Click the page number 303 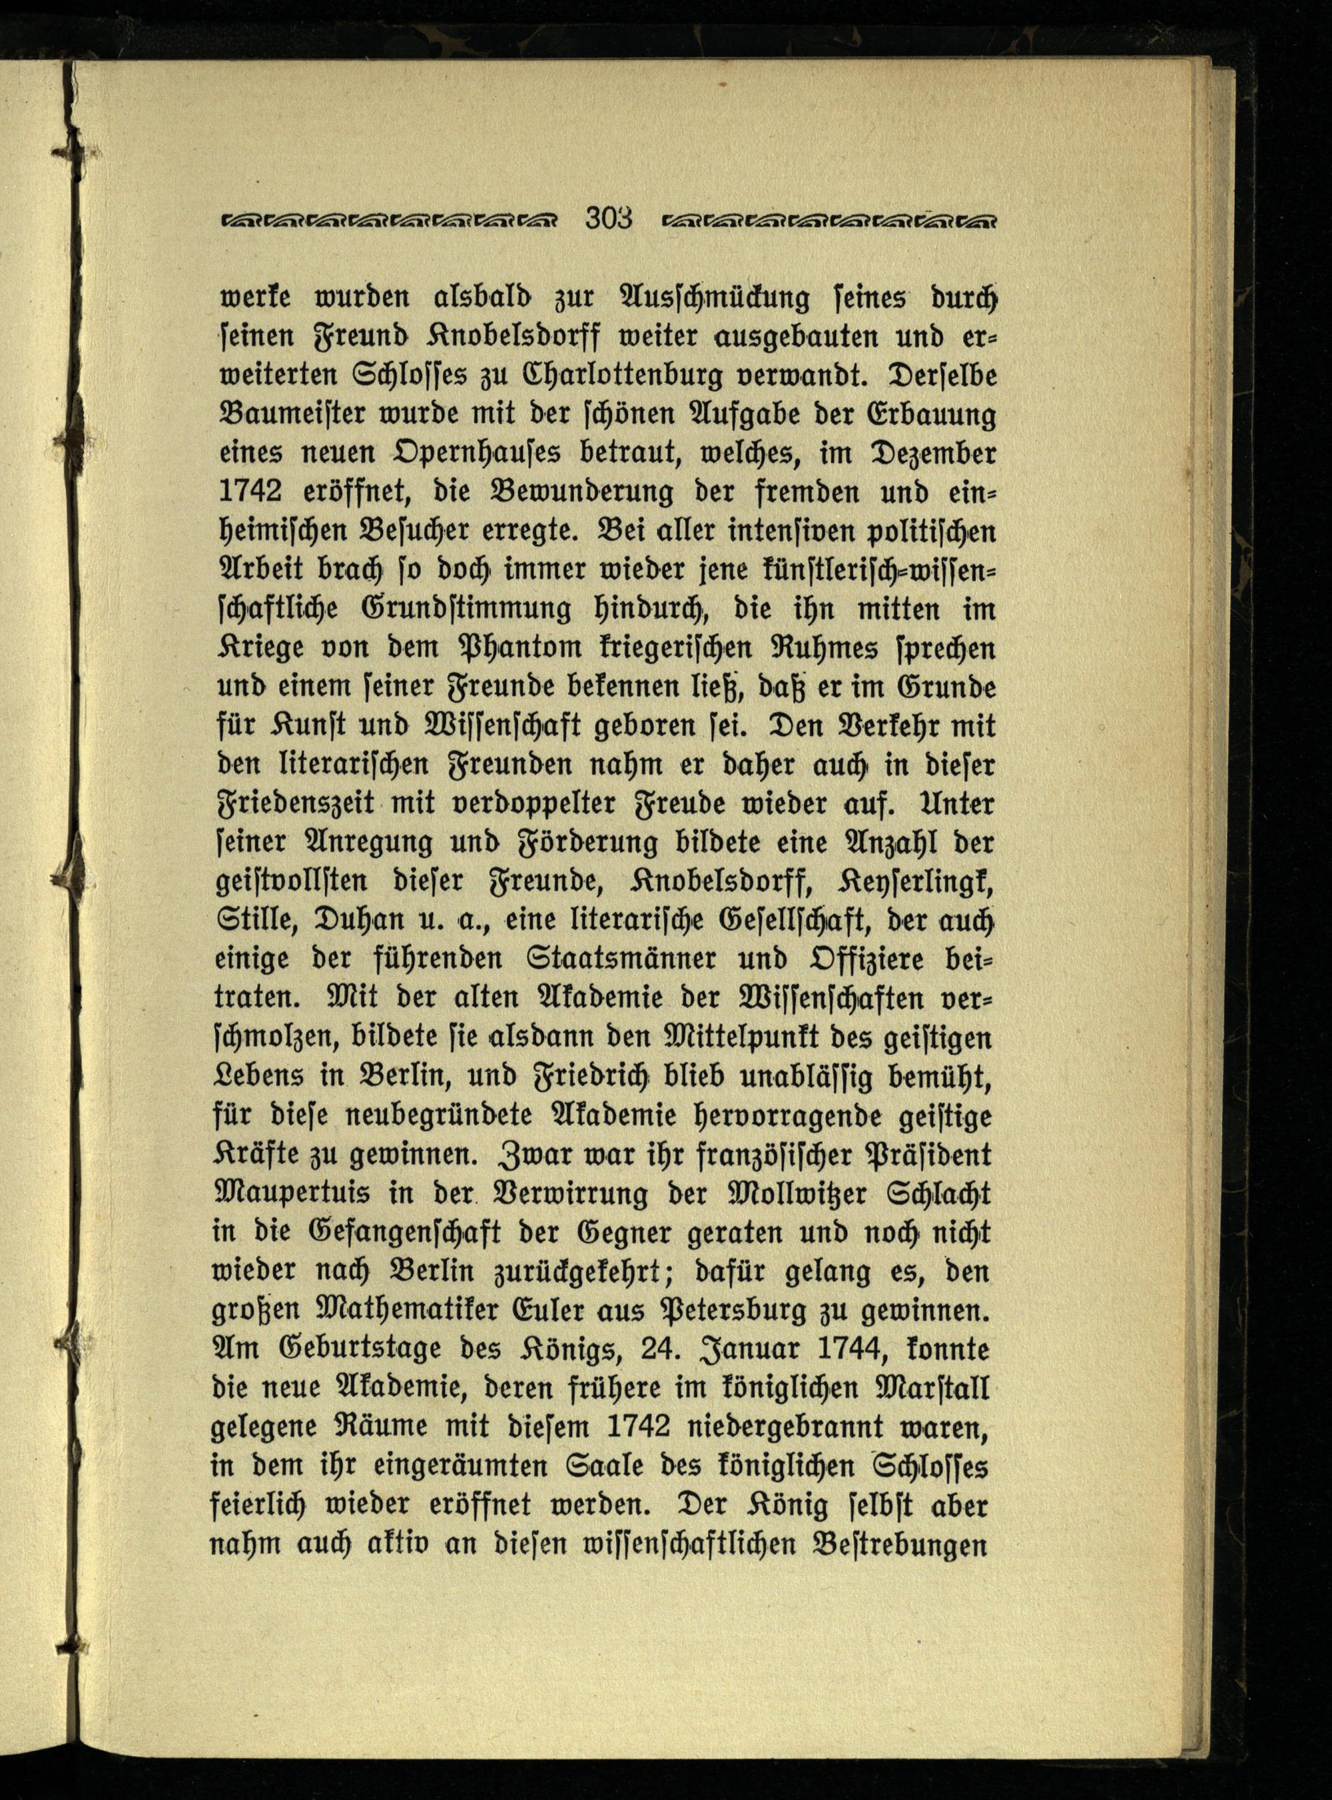click(x=609, y=219)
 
